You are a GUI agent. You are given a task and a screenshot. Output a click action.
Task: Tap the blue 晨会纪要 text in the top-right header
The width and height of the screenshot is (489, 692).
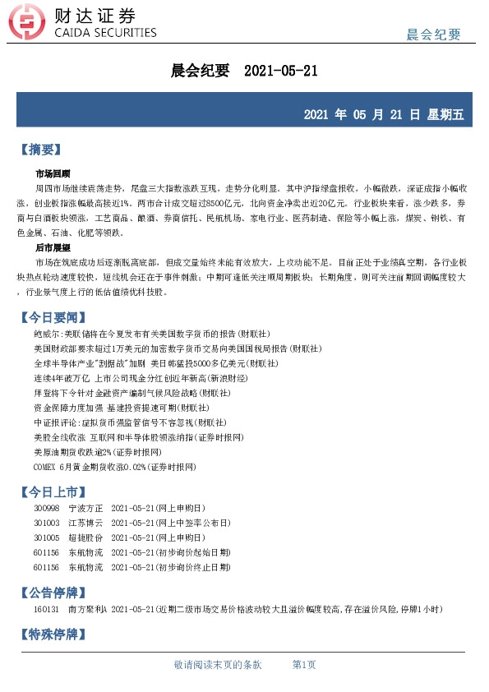[x=433, y=34]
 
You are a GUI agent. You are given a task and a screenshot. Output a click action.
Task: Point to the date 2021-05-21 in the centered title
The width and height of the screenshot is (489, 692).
[x=281, y=72]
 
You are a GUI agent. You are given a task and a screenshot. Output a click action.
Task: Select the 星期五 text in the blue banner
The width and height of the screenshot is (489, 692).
[x=445, y=115]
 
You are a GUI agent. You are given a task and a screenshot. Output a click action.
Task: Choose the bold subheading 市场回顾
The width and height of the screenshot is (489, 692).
[x=53, y=174]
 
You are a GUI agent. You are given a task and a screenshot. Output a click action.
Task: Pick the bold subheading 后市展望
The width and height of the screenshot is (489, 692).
[x=53, y=247]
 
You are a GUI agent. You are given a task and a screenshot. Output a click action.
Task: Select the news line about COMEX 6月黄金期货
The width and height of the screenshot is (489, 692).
[x=114, y=465]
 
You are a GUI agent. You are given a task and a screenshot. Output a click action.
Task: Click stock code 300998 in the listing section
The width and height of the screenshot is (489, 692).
[x=46, y=509]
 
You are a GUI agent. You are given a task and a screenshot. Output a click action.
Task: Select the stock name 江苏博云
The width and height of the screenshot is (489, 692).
[x=85, y=523]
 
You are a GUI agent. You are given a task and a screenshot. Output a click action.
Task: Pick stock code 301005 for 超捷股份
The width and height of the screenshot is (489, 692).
[x=46, y=537]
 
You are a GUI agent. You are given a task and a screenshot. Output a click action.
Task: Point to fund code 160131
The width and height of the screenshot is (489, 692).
[x=46, y=608]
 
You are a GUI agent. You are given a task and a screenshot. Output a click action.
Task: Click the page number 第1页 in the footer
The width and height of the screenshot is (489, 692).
[x=304, y=664]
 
